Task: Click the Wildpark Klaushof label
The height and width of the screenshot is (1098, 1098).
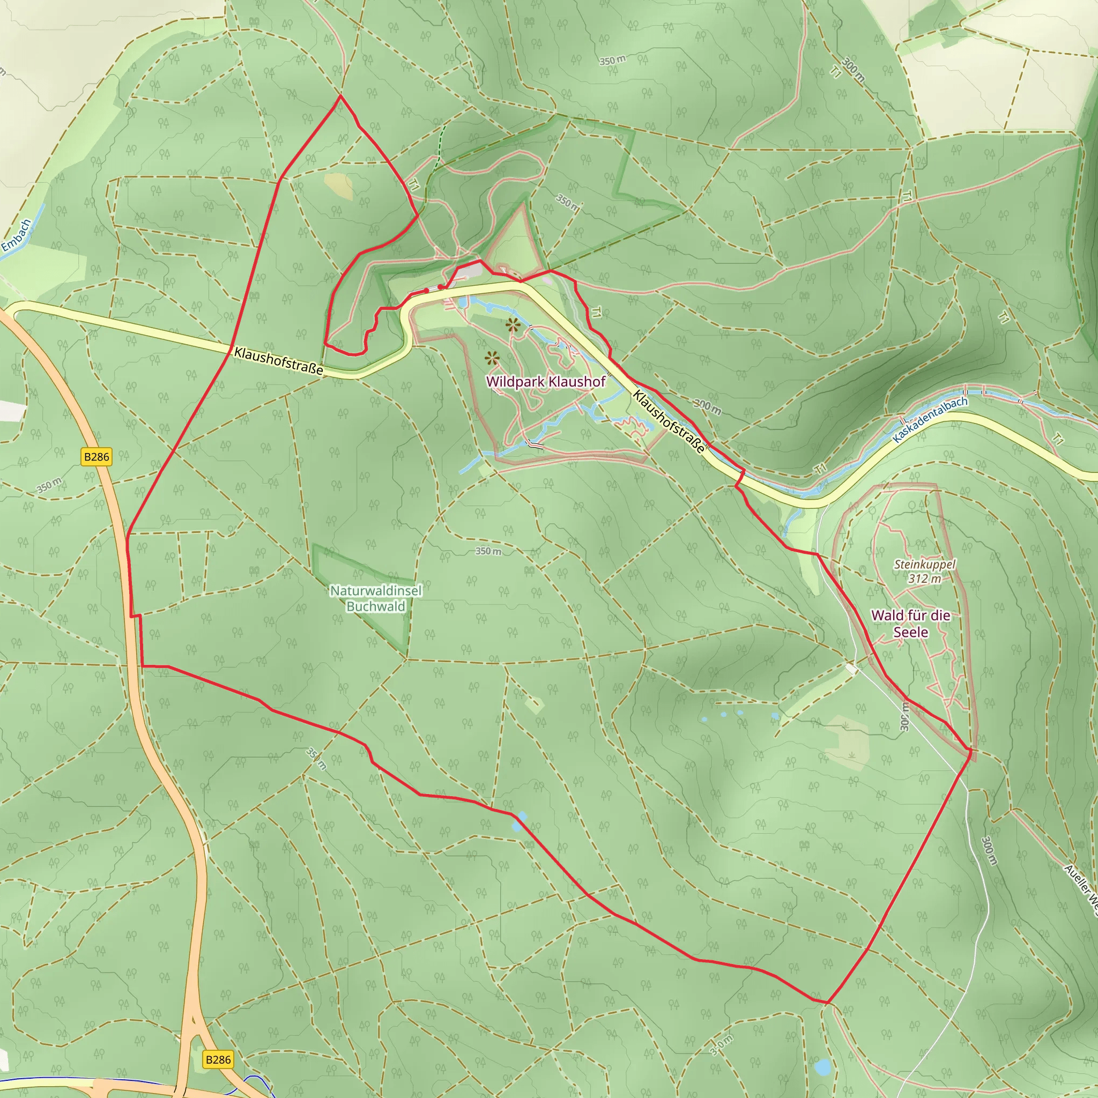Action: point(546,381)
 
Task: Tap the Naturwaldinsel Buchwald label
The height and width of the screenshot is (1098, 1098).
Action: point(376,598)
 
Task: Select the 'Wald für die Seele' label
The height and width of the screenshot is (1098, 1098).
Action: point(910,624)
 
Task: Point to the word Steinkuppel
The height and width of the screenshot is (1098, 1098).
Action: point(925,565)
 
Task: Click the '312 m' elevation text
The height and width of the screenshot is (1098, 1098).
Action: point(925,578)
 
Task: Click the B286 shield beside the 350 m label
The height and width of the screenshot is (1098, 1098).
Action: point(96,456)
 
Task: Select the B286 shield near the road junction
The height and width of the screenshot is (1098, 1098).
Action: point(218,1059)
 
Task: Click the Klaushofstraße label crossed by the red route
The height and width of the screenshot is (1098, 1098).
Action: point(278,361)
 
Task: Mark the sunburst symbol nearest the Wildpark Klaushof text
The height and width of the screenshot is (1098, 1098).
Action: point(492,358)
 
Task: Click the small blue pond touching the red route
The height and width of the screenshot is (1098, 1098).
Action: point(519,821)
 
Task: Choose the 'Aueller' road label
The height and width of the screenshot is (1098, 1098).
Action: point(1081,884)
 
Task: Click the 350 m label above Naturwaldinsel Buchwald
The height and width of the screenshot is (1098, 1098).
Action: point(488,551)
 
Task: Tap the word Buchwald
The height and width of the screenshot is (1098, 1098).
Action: point(376,606)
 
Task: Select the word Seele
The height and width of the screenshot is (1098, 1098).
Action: point(910,632)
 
